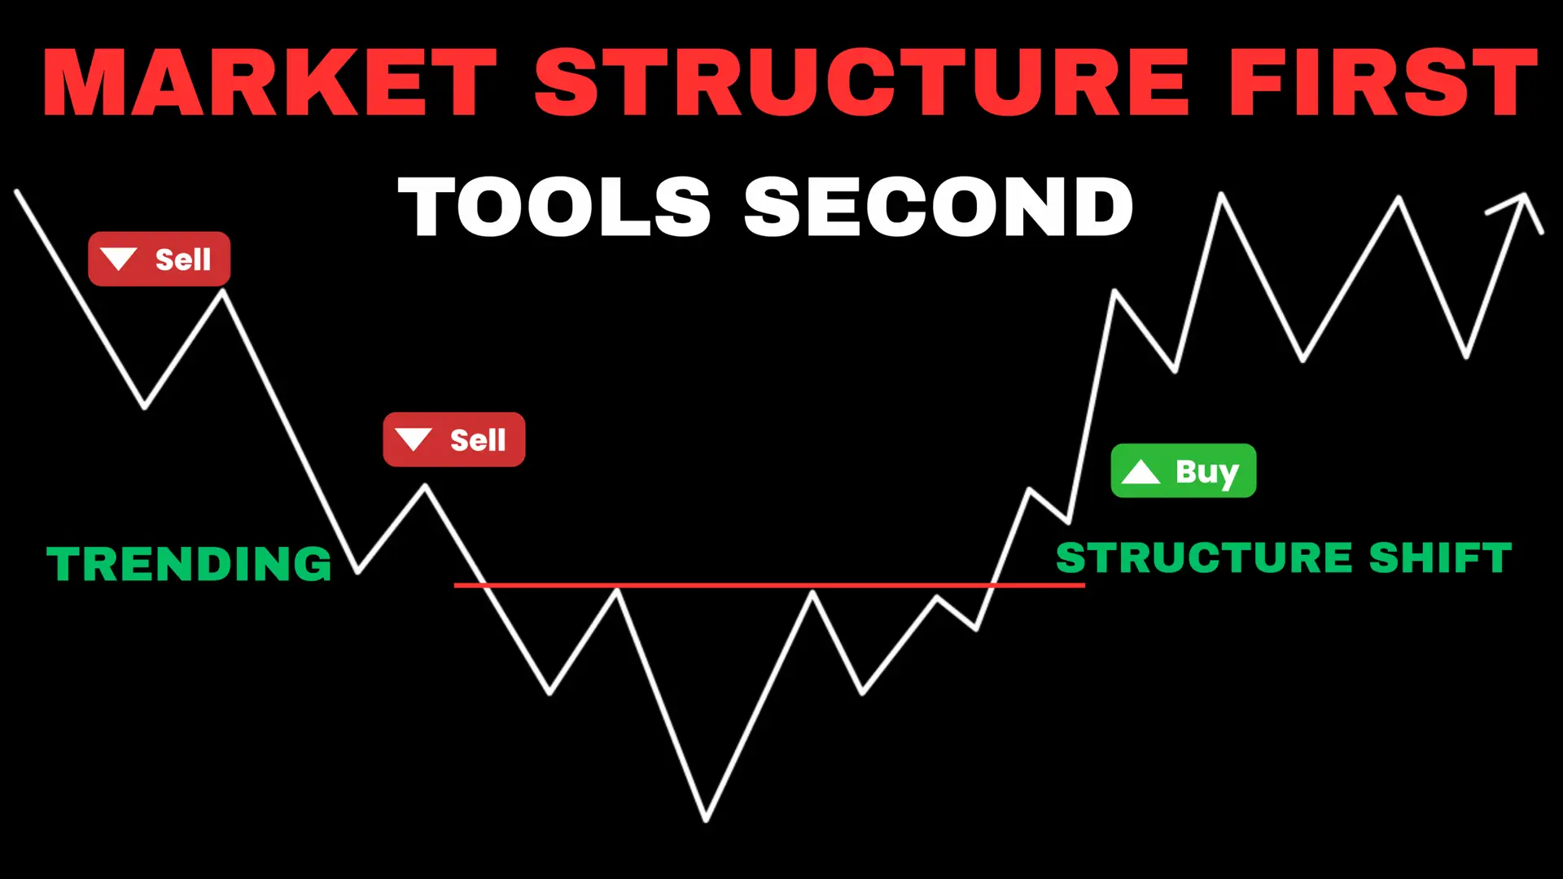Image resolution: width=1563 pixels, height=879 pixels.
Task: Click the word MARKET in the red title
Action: point(269,82)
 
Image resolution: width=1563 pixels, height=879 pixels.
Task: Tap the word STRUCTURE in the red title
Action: point(862,82)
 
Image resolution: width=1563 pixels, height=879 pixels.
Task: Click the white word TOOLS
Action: point(554,207)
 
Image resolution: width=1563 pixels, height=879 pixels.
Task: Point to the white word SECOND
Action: point(939,207)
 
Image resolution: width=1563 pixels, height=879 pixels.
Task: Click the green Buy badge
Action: point(1183,470)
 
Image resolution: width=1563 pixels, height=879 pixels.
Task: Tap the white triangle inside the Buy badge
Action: point(1141,472)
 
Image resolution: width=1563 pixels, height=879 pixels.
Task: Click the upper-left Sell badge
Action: point(159,259)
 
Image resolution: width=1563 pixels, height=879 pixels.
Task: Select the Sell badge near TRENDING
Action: point(453,439)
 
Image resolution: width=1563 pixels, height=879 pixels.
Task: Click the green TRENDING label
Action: point(189,564)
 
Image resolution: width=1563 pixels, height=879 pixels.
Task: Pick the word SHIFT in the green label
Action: point(1440,558)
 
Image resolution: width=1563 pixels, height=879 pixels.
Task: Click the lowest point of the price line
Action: point(706,820)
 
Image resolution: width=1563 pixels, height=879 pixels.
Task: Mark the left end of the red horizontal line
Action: point(455,584)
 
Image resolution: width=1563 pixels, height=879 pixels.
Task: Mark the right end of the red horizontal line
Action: point(1084,584)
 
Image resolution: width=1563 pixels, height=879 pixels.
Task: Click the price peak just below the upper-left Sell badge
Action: point(223,291)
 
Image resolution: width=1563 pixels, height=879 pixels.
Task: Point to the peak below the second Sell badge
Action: point(425,486)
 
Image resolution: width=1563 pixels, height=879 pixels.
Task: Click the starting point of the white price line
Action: point(17,192)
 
